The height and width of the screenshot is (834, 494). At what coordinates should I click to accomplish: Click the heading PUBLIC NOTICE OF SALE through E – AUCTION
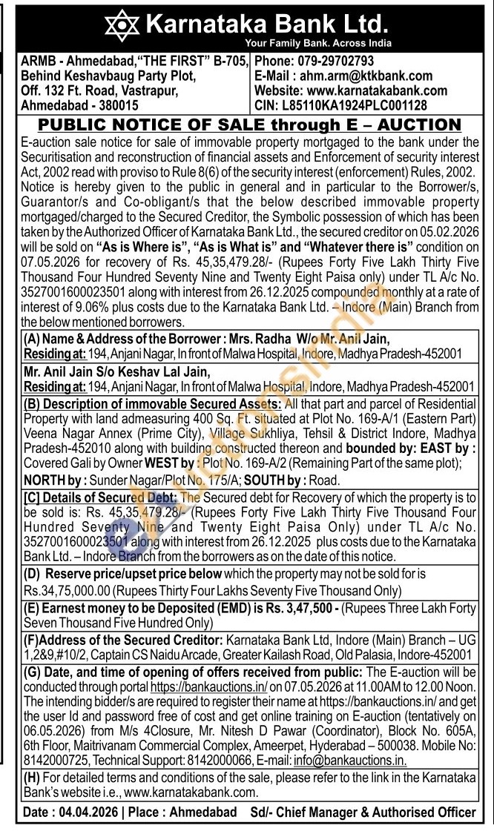[x=249, y=124]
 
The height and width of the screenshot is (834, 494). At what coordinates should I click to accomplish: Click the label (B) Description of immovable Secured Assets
[x=153, y=404]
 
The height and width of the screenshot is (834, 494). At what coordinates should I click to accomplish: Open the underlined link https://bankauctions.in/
[x=208, y=687]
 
